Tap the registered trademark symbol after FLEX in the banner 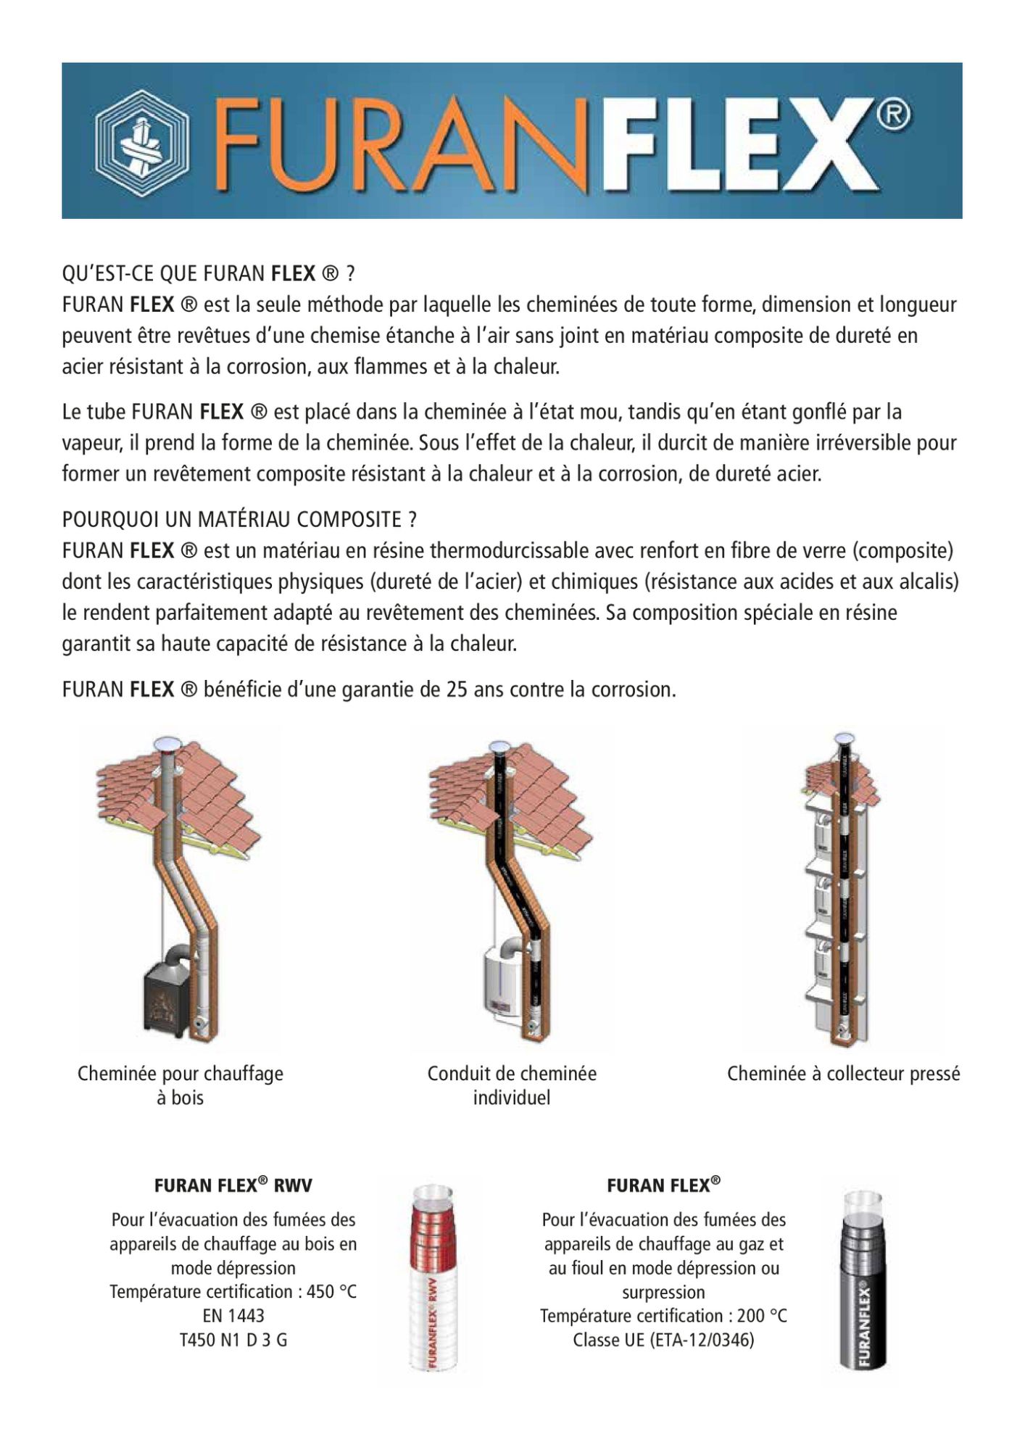coord(896,115)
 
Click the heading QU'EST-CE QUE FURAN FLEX coord(209,273)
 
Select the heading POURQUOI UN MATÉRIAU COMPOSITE coord(239,519)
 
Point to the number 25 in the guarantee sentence coord(457,689)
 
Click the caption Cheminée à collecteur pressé coord(843,1074)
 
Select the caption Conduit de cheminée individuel coord(512,1085)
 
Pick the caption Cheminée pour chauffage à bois coord(180,1085)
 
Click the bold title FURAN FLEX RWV coord(233,1185)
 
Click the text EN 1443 coord(233,1316)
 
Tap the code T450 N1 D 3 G coord(233,1340)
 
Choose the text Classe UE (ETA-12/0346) coord(663,1340)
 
